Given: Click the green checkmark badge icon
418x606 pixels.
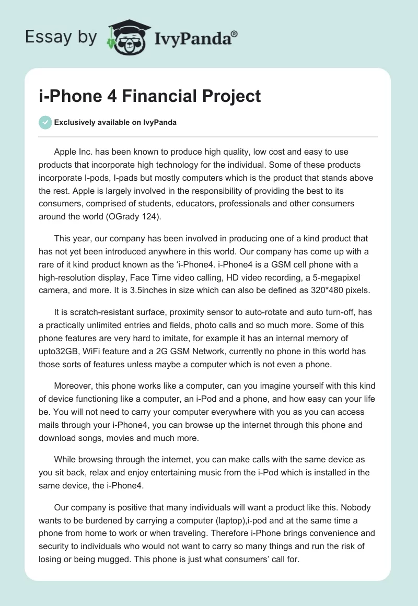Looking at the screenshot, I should (x=45, y=122).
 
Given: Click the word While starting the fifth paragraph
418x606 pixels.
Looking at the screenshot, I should (x=65, y=460).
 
